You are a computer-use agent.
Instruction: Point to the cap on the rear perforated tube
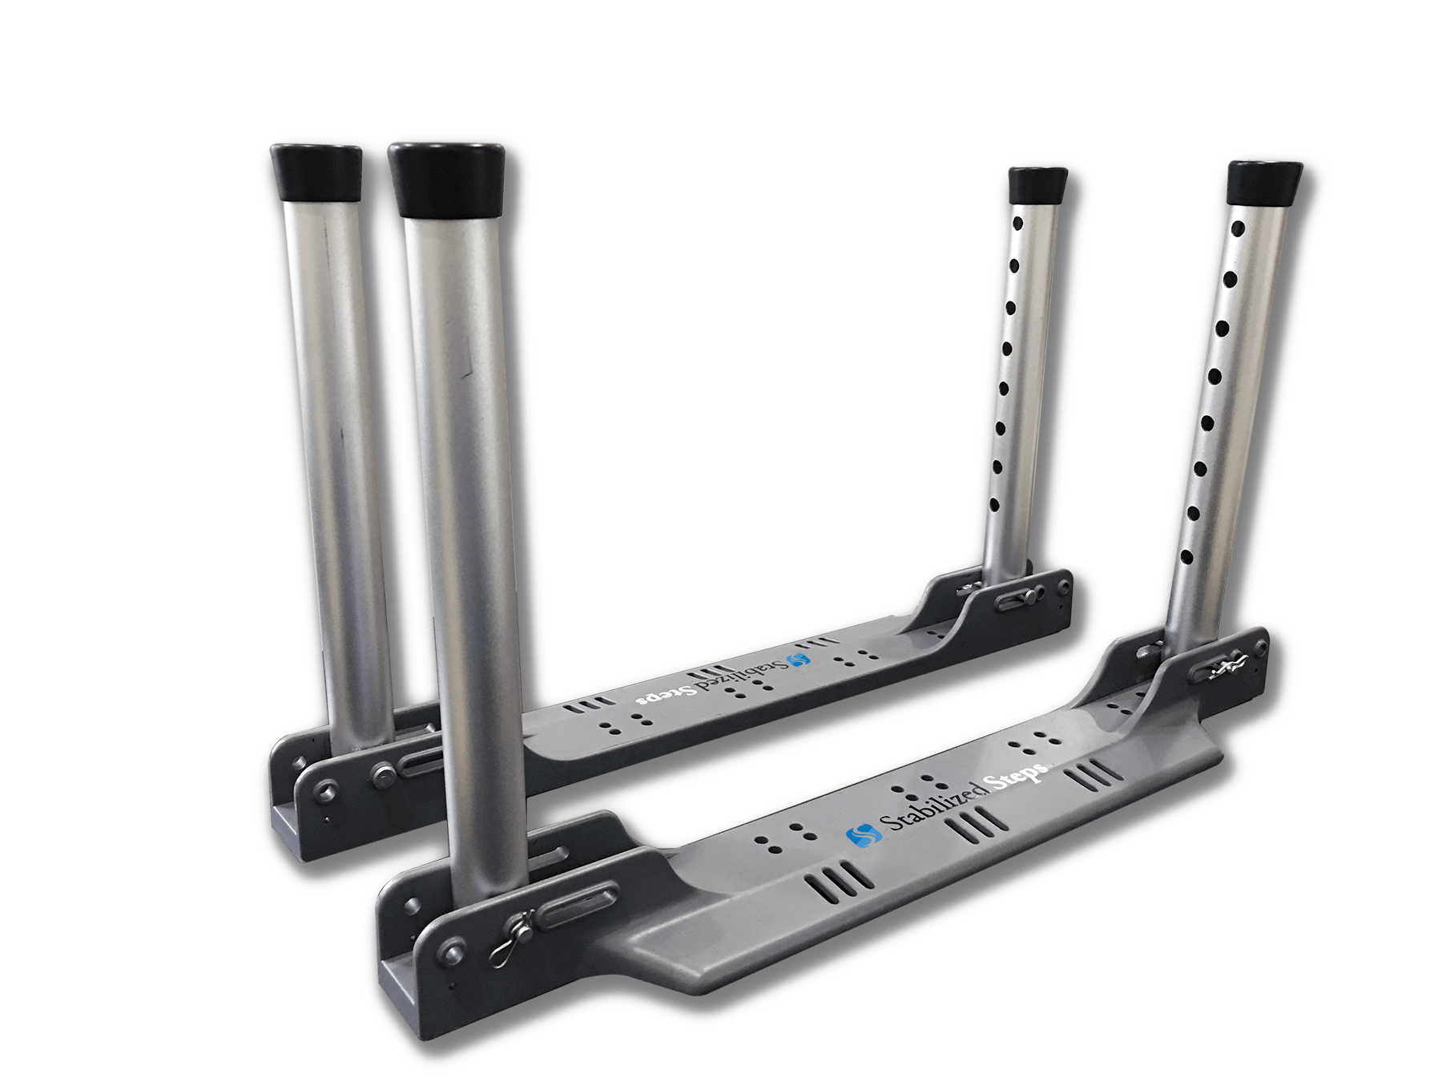pos(1037,186)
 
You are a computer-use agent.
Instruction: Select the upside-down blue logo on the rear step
pos(799,660)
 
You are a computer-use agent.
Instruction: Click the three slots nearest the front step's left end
pos(838,882)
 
